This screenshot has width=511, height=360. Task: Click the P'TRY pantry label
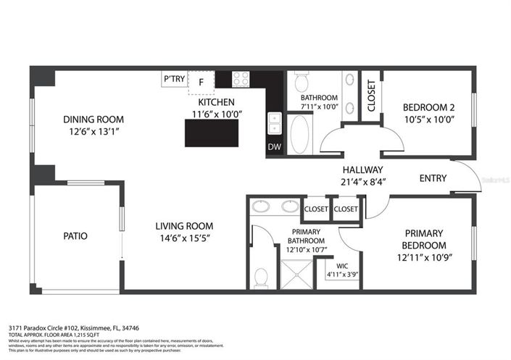[174, 78]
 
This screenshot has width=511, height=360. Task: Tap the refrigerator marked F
[202, 83]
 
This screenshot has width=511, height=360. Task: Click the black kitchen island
[212, 133]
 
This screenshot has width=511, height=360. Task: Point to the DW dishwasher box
[274, 148]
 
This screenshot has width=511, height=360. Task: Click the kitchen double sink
[275, 125]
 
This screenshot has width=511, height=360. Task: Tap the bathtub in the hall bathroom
[299, 134]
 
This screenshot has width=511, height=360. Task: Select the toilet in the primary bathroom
[261, 277]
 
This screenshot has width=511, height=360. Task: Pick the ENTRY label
[433, 178]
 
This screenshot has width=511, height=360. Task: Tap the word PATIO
[76, 235]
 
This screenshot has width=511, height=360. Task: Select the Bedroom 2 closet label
[371, 96]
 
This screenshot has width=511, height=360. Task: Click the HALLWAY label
[362, 169]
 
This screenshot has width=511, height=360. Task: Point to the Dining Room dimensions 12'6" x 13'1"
[93, 132]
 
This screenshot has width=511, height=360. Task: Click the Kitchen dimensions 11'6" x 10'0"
[216, 114]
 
